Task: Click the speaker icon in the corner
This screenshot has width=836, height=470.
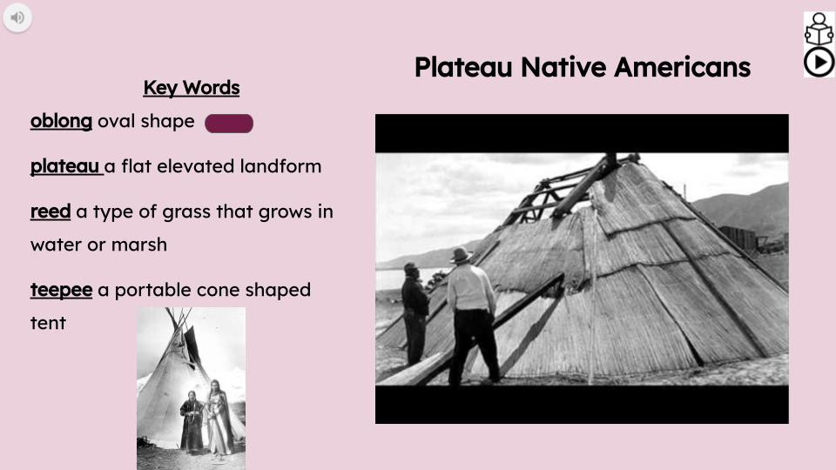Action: click(x=17, y=17)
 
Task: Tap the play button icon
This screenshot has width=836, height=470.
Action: click(x=819, y=62)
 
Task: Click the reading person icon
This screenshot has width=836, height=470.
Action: click(x=819, y=29)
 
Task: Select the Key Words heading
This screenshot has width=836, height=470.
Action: click(x=191, y=88)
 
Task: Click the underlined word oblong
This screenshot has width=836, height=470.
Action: click(x=61, y=121)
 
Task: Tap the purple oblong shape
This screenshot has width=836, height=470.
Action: click(x=229, y=124)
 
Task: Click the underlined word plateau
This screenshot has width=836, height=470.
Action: click(x=65, y=166)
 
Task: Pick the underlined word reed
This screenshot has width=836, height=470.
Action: click(x=51, y=211)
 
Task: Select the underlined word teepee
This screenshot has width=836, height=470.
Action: click(x=61, y=290)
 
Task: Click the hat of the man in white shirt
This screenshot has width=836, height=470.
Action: click(x=461, y=255)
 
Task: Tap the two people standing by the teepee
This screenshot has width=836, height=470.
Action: click(x=205, y=418)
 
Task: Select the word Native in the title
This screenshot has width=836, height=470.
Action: click(x=563, y=67)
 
